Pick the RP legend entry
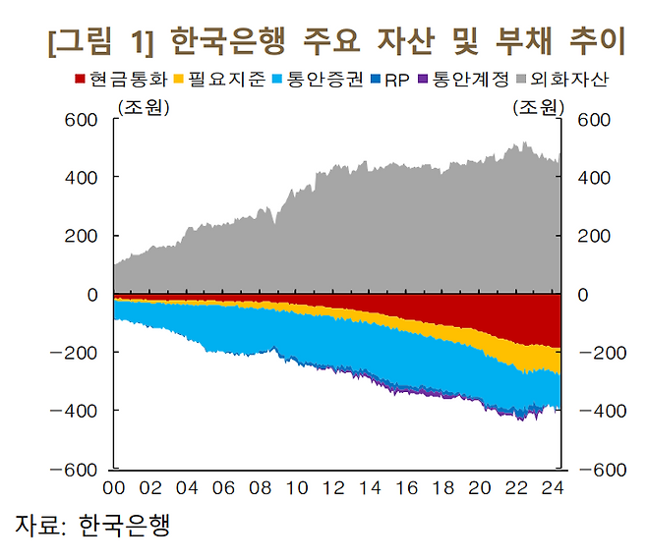click(397, 78)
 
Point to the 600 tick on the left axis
click(84, 120)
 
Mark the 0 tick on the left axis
click(92, 295)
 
